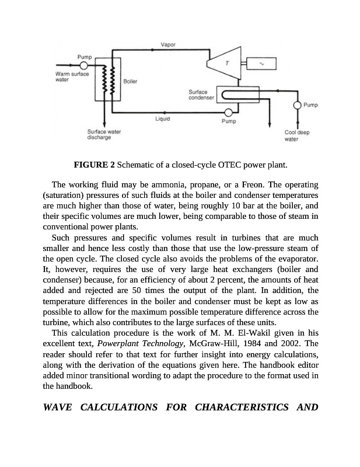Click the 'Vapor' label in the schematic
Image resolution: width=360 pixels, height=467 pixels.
click(x=167, y=45)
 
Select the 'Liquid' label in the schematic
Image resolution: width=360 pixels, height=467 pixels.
click(x=162, y=120)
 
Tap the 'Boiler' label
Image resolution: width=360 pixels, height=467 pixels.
click(x=130, y=81)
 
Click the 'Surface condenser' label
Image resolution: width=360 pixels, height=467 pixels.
click(x=202, y=95)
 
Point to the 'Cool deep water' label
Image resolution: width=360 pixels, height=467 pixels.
click(x=297, y=136)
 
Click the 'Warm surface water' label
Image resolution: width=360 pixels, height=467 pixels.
click(x=69, y=77)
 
